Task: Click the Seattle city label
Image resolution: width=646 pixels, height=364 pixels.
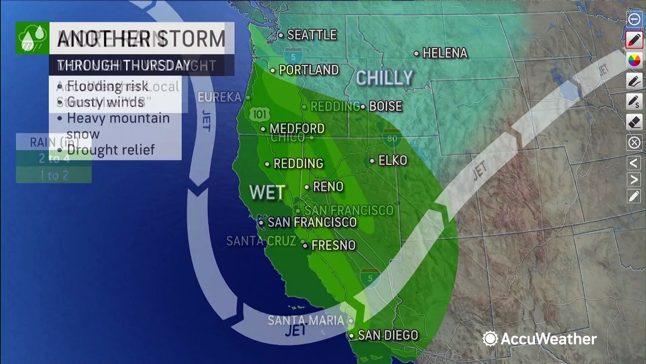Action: [311, 35]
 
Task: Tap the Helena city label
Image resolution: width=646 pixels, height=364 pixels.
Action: [445, 53]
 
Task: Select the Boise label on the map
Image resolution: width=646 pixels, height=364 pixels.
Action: [386, 106]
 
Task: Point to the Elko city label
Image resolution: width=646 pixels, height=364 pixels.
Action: [393, 160]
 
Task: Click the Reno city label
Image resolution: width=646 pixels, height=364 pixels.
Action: [328, 187]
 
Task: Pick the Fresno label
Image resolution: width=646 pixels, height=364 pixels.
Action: [333, 245]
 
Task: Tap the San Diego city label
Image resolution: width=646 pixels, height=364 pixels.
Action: [388, 335]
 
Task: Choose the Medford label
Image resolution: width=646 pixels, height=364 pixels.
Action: [297, 128]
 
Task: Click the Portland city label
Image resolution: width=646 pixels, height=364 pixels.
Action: [308, 70]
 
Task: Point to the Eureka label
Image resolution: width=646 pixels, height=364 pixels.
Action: [219, 97]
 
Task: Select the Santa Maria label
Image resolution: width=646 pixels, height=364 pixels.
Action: [305, 320]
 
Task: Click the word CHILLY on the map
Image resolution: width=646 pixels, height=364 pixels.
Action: [385, 78]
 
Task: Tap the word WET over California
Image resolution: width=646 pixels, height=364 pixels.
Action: [267, 192]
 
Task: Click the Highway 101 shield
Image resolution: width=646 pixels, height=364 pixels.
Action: [259, 114]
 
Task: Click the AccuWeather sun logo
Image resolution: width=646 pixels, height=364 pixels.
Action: [490, 338]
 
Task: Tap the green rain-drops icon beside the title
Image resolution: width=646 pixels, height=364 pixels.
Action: [32, 37]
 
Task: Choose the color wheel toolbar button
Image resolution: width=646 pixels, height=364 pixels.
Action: [634, 60]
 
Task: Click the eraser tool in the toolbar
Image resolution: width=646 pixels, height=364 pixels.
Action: [634, 122]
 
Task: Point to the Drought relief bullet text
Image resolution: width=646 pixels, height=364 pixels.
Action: [111, 150]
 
